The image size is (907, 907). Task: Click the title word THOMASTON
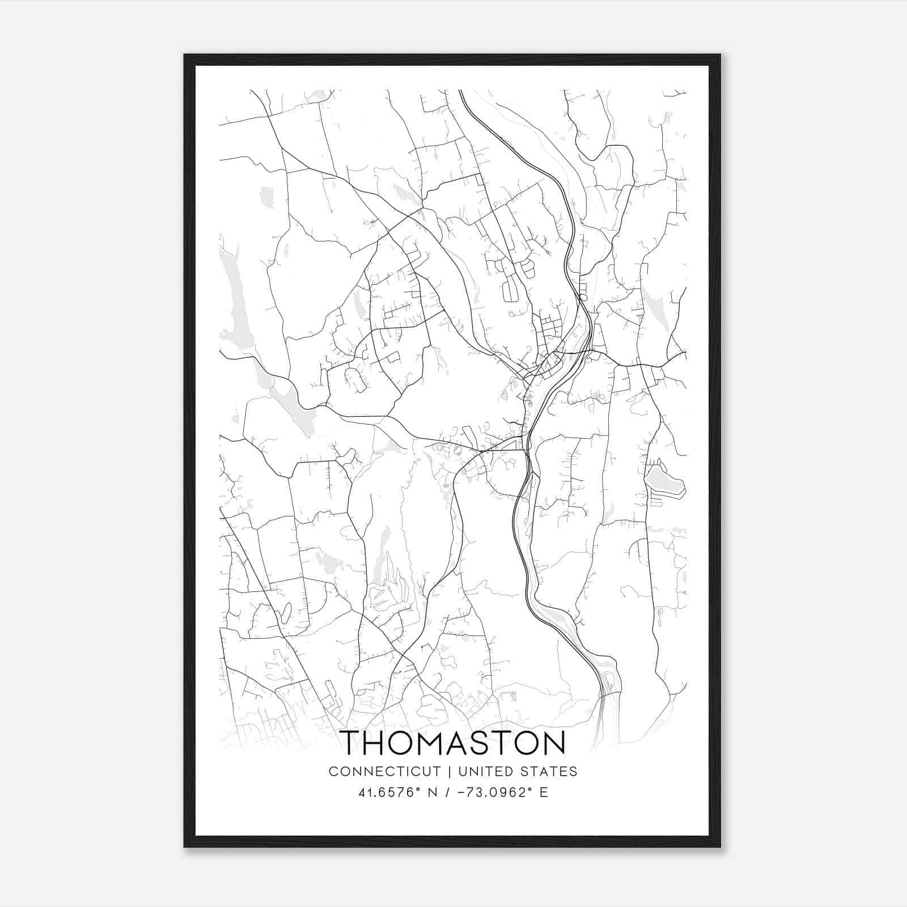click(453, 743)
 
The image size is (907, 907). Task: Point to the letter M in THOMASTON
click(436, 743)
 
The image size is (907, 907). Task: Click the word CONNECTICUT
click(385, 772)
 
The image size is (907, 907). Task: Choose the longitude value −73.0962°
click(491, 792)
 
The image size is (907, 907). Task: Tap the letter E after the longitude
click(544, 792)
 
